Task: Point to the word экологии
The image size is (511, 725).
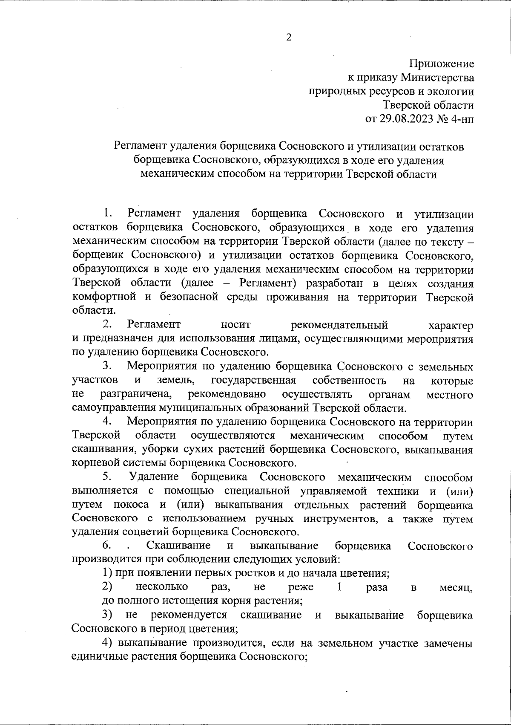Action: [450, 91]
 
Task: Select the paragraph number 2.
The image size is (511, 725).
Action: [107, 325]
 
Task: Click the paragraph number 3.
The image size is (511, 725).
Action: [107, 366]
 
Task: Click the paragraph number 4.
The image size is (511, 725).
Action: [107, 422]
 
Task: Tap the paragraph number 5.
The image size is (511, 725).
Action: [107, 477]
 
